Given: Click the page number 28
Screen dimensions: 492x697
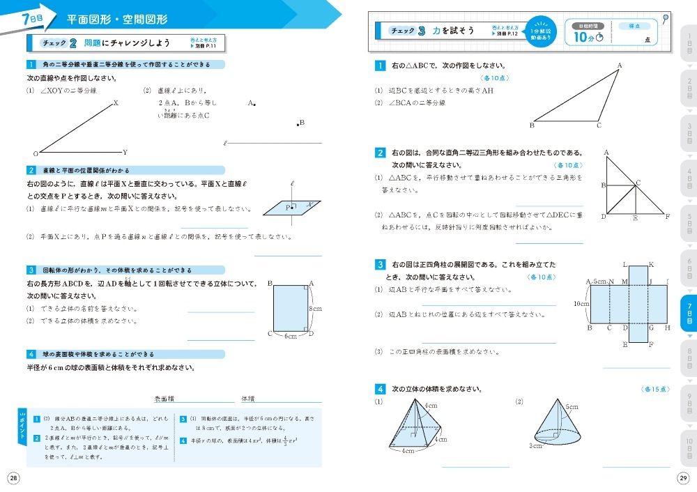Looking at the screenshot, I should point(13,477).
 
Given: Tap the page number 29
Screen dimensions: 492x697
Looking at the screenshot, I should point(683,477).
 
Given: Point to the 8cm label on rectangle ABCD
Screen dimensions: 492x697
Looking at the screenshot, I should point(314,308).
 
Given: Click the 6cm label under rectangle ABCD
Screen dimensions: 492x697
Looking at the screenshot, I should point(291,336).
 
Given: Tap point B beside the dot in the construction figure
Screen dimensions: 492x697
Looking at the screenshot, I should point(302,123).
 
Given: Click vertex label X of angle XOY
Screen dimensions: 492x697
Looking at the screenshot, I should point(116,102).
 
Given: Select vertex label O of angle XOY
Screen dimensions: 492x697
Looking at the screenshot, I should point(35,153).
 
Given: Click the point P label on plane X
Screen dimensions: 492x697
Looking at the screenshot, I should point(287,208).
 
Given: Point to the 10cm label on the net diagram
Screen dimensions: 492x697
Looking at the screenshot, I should point(581,304).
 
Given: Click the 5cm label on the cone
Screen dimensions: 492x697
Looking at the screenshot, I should point(572,406).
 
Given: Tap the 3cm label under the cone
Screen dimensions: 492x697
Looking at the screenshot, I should point(535,446).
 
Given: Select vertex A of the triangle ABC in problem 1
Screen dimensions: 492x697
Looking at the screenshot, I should point(619,66).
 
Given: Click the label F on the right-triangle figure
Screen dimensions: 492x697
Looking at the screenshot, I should point(668,217).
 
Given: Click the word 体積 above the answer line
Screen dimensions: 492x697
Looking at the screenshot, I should point(247,399).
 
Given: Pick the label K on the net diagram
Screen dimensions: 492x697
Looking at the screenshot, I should point(651,265).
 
